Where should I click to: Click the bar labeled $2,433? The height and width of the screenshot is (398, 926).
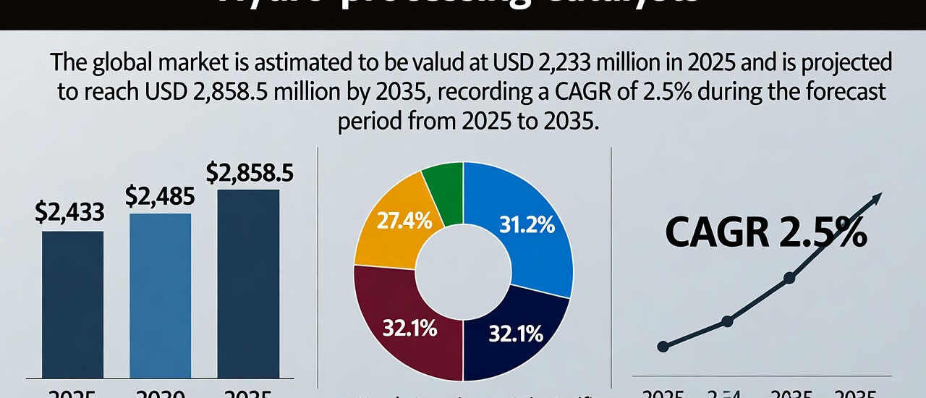click(72, 304)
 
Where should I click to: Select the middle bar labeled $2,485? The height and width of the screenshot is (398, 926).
click(160, 295)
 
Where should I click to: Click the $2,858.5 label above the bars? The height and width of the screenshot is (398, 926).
click(250, 174)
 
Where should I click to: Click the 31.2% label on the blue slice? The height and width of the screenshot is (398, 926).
click(527, 226)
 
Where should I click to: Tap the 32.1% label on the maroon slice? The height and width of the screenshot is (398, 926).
click(409, 329)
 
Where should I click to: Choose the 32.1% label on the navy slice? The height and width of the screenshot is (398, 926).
click(515, 335)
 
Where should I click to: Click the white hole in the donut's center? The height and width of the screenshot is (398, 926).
click(463, 271)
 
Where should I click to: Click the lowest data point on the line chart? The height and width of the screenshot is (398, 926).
click(663, 347)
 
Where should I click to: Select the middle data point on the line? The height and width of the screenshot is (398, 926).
click(727, 321)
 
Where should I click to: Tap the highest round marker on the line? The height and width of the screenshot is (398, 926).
click(789, 278)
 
